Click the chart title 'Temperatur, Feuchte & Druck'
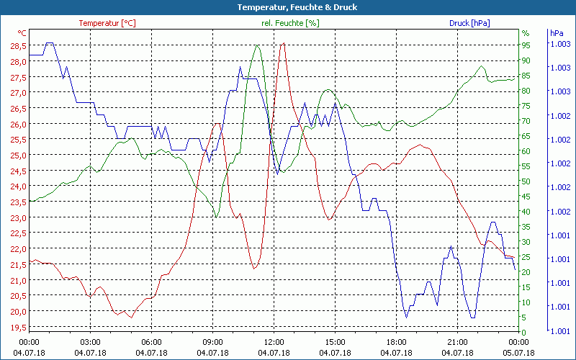[x=287, y=7]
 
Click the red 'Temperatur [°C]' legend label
[x=107, y=23]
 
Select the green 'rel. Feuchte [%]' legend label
[x=290, y=23]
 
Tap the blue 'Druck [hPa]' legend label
[x=469, y=23]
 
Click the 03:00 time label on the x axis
[x=90, y=342]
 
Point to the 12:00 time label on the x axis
[x=274, y=342]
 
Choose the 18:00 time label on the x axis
[x=397, y=342]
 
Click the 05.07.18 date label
[x=519, y=353]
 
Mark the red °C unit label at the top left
[x=22, y=33]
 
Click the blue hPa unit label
[x=557, y=33]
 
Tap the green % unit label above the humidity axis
[x=526, y=33]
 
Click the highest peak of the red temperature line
[x=283, y=43]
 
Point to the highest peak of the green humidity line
[x=257, y=45]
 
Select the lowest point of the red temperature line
[x=130, y=317]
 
